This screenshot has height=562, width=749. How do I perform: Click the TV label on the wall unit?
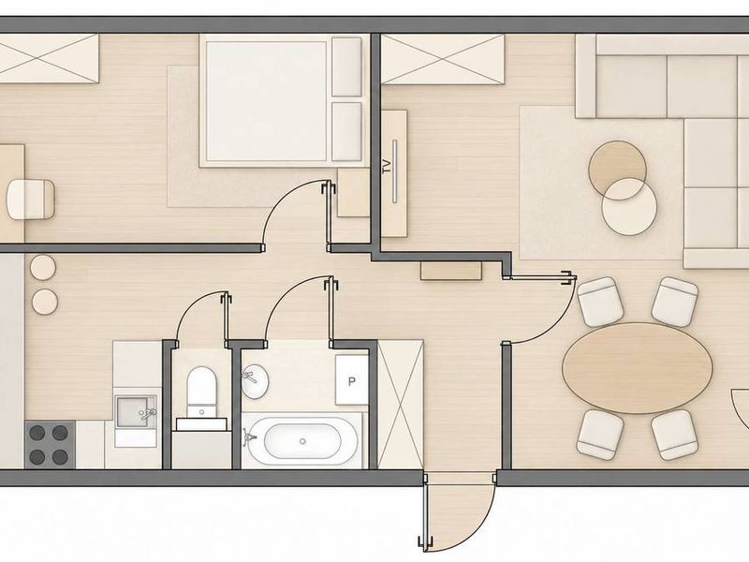click(x=387, y=167)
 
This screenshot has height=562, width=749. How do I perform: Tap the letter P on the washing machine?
click(x=352, y=381)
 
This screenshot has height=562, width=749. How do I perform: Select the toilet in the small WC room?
click(x=201, y=392)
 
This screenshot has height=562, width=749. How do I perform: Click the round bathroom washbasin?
click(x=255, y=381)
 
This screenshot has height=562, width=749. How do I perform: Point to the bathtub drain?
click(x=302, y=441)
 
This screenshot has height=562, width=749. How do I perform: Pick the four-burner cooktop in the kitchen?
click(x=50, y=444)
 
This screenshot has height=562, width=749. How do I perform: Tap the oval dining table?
click(x=638, y=367)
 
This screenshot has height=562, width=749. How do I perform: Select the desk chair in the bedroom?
click(x=31, y=199)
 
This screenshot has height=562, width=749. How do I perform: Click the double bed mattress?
click(x=267, y=101)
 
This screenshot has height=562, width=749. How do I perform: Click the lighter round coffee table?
click(x=629, y=206)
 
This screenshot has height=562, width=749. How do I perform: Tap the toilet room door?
click(x=225, y=318)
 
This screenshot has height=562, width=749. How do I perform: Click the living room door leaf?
click(x=540, y=277)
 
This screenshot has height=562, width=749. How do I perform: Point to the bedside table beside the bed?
click(x=353, y=192)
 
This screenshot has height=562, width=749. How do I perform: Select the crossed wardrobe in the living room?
click(x=443, y=59)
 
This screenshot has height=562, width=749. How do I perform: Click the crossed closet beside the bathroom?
click(x=401, y=405)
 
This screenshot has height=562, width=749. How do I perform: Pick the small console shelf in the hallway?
click(x=451, y=271)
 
